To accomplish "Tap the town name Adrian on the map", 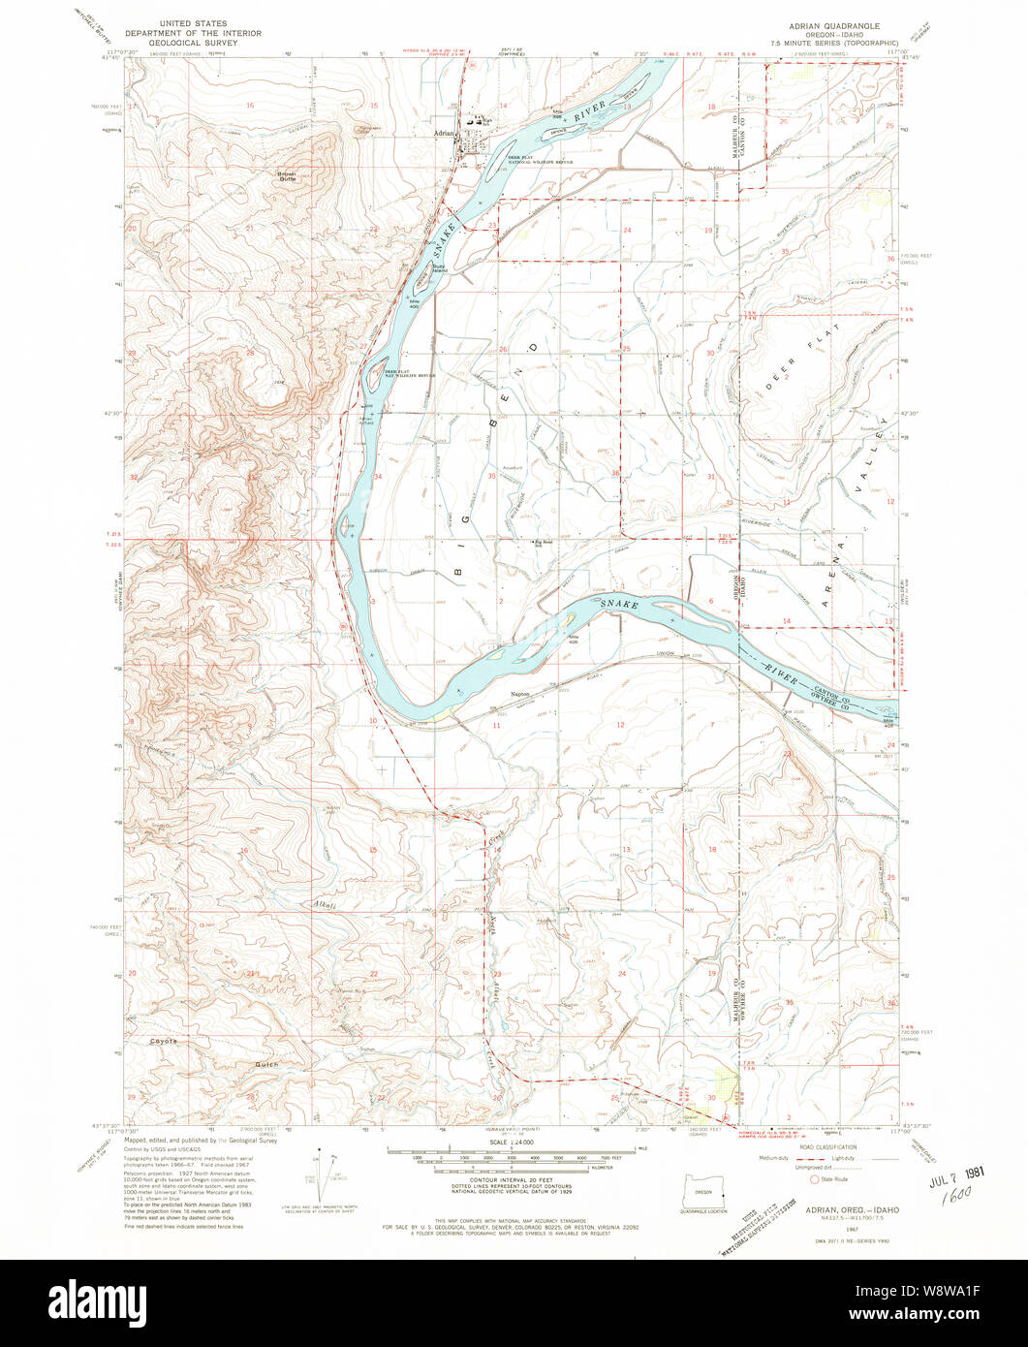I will tap(443, 133).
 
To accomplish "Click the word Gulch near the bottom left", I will tap(266, 1064).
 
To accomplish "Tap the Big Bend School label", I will tap(546, 543).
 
